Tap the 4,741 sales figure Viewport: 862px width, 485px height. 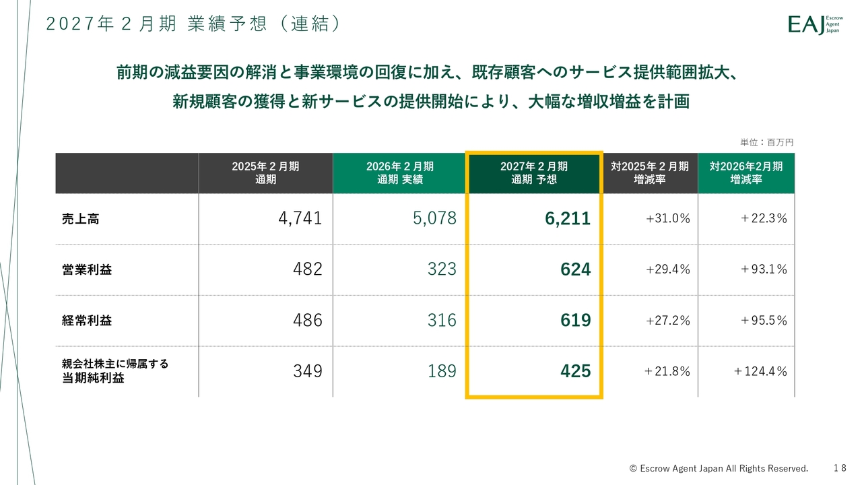tap(300, 218)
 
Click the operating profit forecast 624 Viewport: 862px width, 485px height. tap(575, 269)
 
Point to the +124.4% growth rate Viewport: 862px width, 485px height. tap(760, 371)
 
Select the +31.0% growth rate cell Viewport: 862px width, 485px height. tap(667, 218)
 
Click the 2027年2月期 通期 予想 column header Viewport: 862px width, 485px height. tap(534, 173)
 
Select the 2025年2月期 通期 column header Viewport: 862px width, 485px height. tap(265, 173)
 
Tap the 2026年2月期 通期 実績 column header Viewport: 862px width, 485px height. tap(400, 173)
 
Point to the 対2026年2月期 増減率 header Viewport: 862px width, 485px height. tap(746, 173)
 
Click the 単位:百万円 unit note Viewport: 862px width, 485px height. tap(767, 143)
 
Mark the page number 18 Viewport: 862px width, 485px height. tap(839, 467)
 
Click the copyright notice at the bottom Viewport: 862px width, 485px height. tap(719, 468)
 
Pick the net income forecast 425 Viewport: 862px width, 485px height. tap(575, 371)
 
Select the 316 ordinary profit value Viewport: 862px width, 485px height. tap(442, 321)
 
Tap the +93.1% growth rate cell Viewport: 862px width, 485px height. tap(763, 269)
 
